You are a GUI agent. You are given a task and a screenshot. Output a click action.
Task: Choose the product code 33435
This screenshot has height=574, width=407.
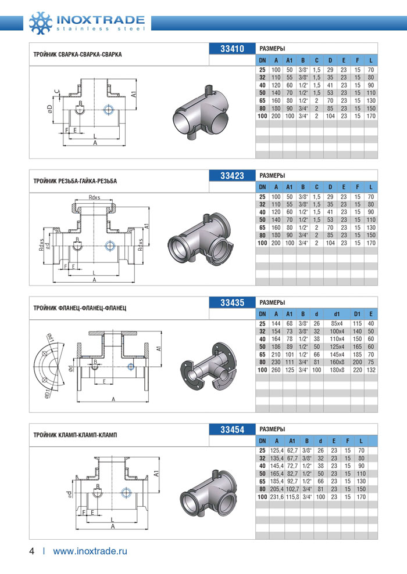tap(232, 302)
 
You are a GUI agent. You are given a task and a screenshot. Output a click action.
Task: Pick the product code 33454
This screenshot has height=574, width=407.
tap(232, 429)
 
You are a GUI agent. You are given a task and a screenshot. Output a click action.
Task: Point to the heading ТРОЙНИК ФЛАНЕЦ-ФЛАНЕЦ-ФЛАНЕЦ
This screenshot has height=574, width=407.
tap(80, 308)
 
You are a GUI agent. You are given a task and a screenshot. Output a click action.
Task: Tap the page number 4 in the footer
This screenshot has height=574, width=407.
tap(32, 551)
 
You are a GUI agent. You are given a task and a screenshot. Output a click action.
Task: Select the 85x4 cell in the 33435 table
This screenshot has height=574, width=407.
tap(336, 323)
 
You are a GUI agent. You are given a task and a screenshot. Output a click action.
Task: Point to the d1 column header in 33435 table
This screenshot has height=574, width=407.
tap(336, 314)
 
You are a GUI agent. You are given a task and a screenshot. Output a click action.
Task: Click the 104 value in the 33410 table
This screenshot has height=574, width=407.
tap(330, 116)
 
